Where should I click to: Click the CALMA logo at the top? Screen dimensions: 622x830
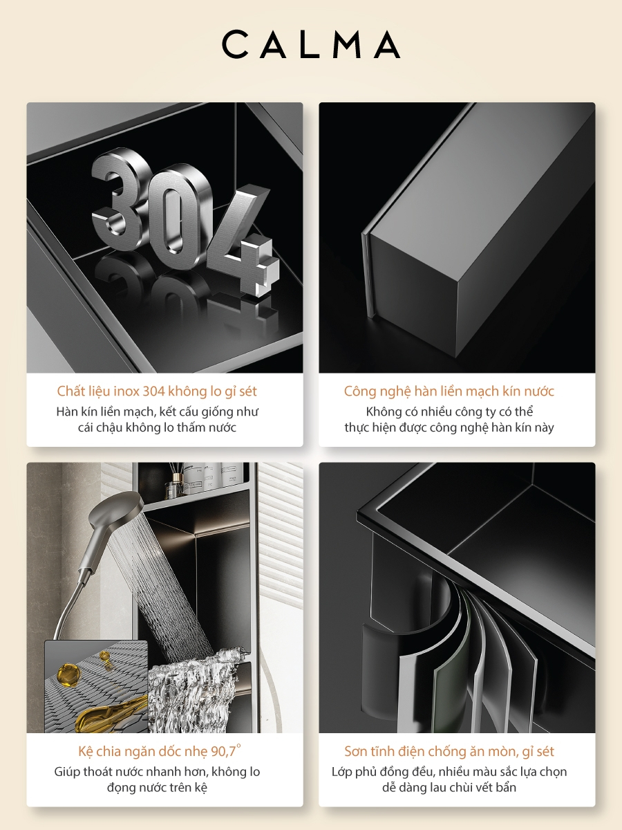(311, 45)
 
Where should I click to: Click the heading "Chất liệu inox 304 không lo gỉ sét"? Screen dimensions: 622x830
(157, 391)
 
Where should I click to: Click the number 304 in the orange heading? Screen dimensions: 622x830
(153, 391)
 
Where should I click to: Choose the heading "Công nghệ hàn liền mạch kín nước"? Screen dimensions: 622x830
(449, 391)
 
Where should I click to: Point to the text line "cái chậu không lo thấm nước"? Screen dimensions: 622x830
(157, 427)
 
